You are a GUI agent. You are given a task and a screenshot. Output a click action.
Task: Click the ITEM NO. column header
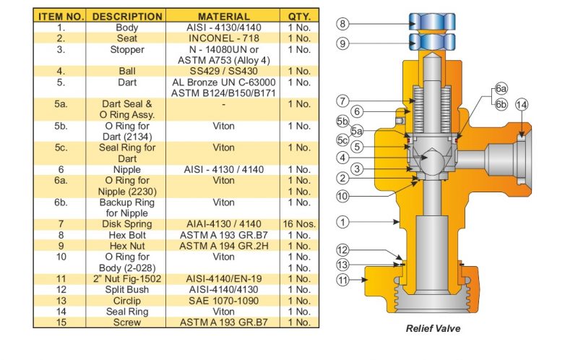tap(61, 16)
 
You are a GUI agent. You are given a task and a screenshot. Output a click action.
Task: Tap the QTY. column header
tap(299, 16)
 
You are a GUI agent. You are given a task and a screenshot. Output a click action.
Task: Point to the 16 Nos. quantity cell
tap(299, 224)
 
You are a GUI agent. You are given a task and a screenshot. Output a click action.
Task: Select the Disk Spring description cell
tap(127, 224)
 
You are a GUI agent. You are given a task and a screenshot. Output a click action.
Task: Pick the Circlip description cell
tap(127, 301)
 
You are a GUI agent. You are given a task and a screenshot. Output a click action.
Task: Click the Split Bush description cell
tap(127, 290)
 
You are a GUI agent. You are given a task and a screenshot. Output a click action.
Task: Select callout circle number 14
tap(522, 105)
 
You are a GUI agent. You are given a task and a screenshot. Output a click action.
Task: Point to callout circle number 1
tap(344, 222)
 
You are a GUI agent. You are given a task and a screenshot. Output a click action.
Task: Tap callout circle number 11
tap(344, 278)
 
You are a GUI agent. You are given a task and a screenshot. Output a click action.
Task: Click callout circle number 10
tap(344, 196)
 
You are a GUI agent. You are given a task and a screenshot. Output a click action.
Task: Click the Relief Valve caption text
tap(433, 328)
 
